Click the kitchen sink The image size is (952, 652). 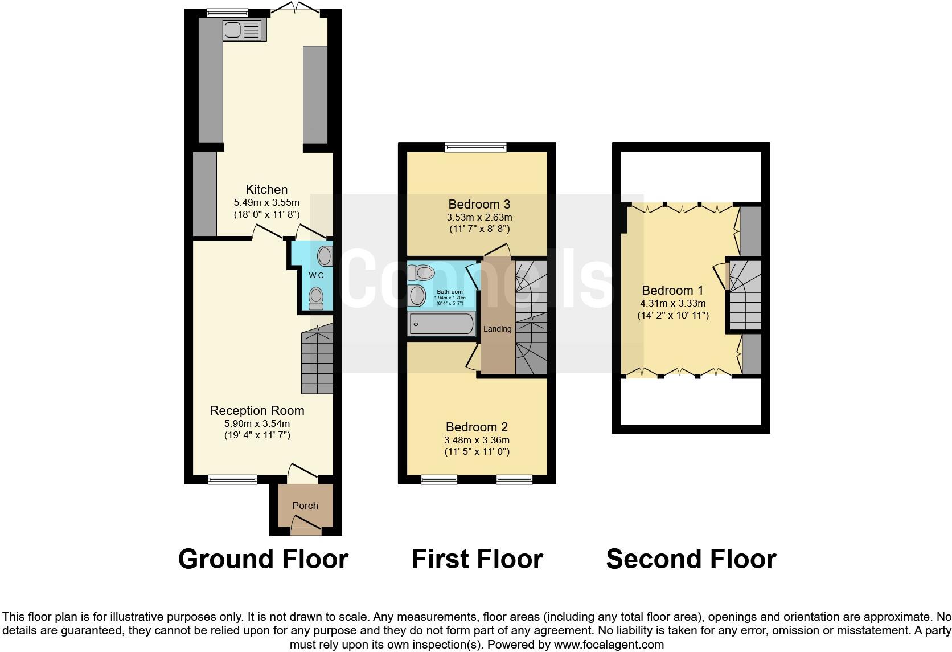pos(245,30)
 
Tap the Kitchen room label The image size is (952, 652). pos(266,189)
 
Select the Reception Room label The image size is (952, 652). pos(257,410)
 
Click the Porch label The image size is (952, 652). pos(305,506)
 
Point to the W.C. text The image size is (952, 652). pos(317,275)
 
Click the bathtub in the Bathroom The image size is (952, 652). pos(441,324)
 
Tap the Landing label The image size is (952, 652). pos(497,329)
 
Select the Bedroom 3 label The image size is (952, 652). pos(479,204)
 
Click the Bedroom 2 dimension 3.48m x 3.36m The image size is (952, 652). pos(477,440)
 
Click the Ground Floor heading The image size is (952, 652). pos(263,559)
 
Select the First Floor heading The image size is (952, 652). pos(477,559)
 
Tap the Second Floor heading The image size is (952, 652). pos(691,559)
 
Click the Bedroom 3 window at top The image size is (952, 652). pos(476,147)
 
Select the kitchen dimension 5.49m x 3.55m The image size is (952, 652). pos(266,202)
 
